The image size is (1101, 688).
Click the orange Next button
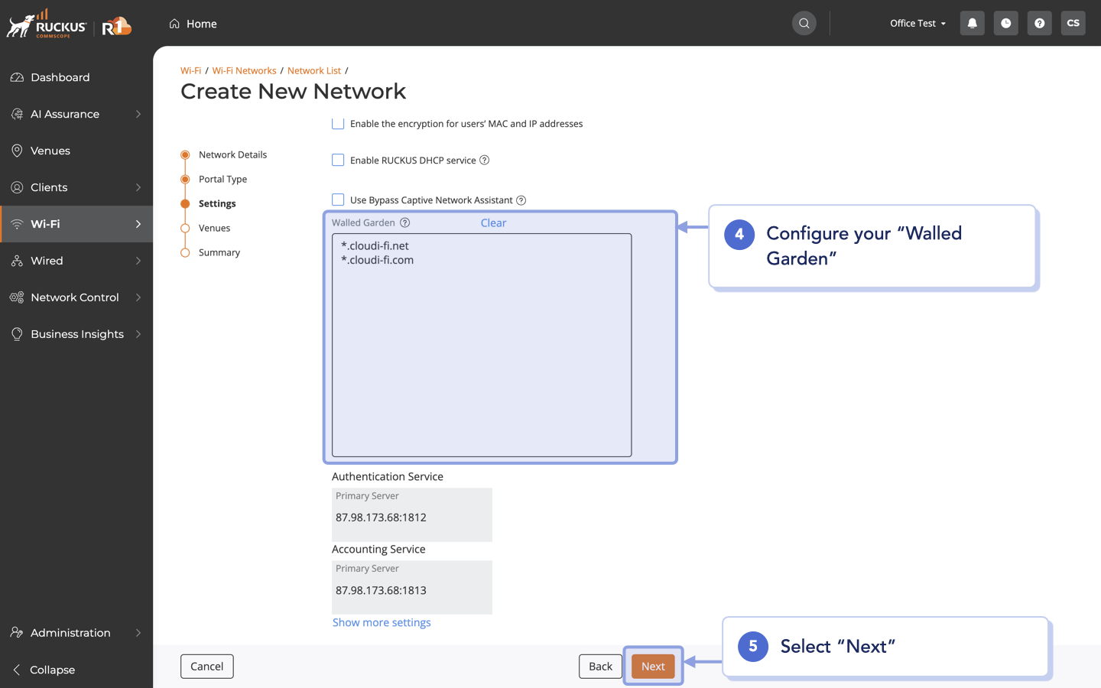tap(653, 666)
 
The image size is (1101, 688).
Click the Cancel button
tap(206, 666)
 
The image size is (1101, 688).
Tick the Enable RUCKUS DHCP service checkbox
tap(338, 160)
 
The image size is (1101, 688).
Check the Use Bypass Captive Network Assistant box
tap(338, 200)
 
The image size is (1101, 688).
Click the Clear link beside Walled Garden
tap(493, 222)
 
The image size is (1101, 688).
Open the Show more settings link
tap(382, 622)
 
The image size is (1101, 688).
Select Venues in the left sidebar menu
tap(50, 151)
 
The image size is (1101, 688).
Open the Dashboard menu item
tap(60, 77)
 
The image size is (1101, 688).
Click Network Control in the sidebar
tap(75, 297)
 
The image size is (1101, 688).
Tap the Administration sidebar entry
tap(70, 633)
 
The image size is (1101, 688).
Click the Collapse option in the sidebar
tap(52, 670)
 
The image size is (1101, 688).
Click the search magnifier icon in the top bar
tap(804, 23)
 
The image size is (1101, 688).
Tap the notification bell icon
tap(972, 23)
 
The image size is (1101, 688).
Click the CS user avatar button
tap(1073, 23)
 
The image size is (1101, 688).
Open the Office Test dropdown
tap(917, 23)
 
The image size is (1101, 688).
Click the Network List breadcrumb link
tap(314, 70)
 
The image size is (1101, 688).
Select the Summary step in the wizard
tap(219, 252)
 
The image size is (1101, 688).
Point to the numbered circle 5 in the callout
tap(752, 646)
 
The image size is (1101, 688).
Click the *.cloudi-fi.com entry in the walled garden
tap(378, 260)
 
